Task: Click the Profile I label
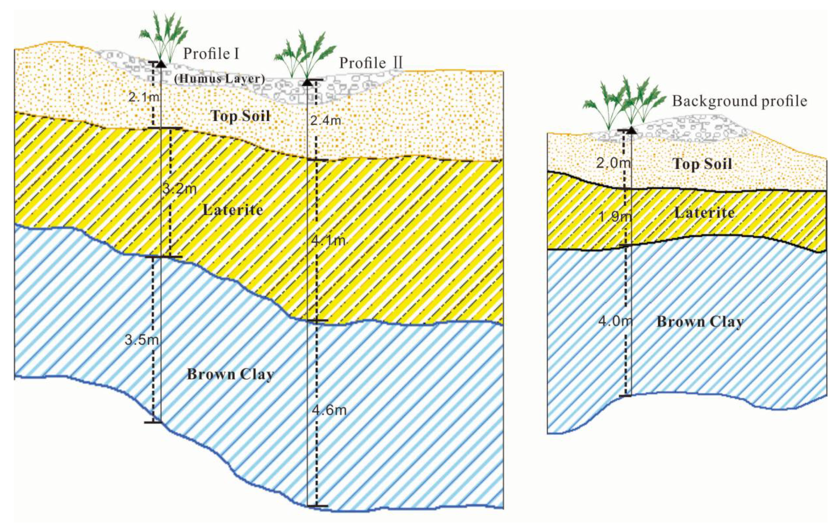pos(211,54)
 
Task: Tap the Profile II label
pos(371,63)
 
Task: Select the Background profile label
pos(739,101)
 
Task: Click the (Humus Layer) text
pos(219,79)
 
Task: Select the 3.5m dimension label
pos(142,340)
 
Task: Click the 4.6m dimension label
pos(329,410)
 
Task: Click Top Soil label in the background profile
pos(702,164)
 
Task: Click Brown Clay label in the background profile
pos(700,322)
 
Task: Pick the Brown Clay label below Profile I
pos(230,375)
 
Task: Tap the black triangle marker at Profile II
pos(307,82)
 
